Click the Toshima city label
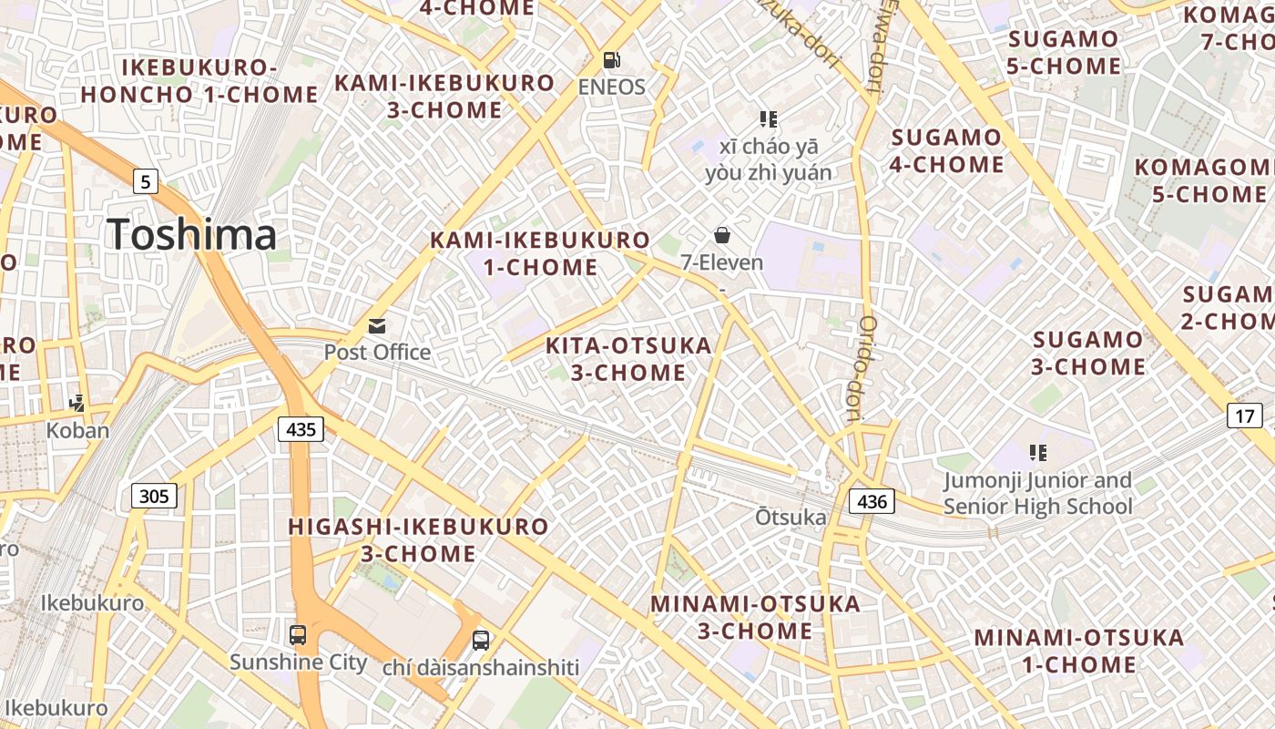click(191, 234)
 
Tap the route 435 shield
click(301, 428)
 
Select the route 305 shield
click(155, 496)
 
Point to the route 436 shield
click(872, 500)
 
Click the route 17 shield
click(1245, 416)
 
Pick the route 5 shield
click(145, 181)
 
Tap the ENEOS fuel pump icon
click(612, 60)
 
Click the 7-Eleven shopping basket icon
click(722, 236)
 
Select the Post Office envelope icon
click(377, 326)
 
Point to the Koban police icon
click(77, 403)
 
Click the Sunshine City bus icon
click(298, 635)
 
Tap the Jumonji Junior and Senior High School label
click(1037, 493)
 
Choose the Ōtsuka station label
click(790, 518)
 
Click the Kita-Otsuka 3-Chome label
click(628, 359)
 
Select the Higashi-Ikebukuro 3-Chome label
click(419, 539)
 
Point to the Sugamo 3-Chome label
click(1087, 353)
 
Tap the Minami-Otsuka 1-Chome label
click(1079, 651)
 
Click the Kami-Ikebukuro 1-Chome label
click(540, 253)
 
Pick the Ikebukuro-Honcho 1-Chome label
click(199, 80)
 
